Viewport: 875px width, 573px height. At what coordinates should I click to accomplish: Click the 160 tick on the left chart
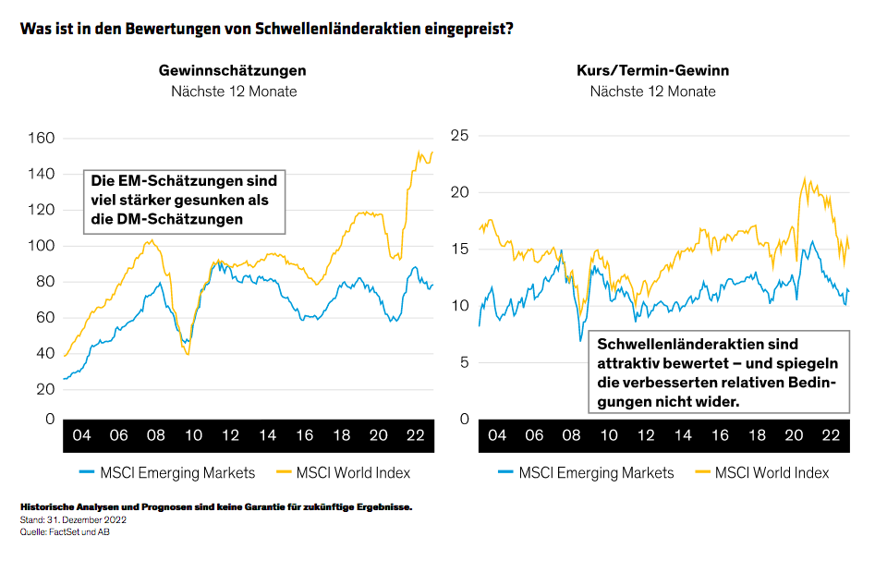[43, 138]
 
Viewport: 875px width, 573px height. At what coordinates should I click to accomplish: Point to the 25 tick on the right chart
[459, 136]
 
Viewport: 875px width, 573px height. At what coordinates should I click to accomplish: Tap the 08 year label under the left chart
[156, 435]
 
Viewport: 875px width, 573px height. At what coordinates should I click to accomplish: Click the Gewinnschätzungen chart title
[233, 70]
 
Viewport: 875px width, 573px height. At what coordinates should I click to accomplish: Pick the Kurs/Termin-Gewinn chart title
[652, 70]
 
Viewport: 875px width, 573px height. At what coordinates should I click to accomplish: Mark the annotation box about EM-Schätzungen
[184, 200]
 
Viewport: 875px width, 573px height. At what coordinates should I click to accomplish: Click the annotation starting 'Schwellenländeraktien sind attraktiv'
[717, 372]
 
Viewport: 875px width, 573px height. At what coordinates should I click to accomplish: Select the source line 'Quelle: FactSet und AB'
[64, 530]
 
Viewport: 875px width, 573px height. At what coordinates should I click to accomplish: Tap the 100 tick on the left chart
[43, 246]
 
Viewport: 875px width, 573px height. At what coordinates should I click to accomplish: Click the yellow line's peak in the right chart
[805, 178]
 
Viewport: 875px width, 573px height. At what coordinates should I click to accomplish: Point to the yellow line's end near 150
[431, 152]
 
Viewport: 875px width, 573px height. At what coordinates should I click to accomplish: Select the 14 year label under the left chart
[268, 435]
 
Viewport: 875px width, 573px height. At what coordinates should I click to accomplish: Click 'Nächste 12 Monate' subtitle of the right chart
[652, 91]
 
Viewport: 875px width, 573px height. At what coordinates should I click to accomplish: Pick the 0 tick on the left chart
[50, 419]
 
